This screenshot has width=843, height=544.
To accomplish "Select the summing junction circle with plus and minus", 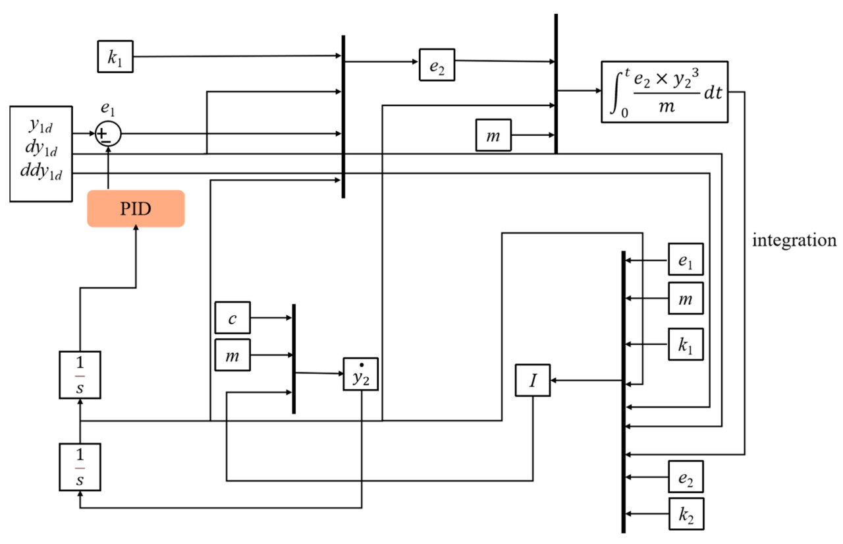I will [x=109, y=134].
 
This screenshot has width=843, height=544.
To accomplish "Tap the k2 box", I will [x=686, y=514].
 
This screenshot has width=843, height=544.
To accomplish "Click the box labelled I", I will [x=533, y=380].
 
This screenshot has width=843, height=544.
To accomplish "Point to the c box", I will [x=232, y=318].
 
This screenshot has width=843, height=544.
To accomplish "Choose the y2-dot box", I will [x=361, y=375].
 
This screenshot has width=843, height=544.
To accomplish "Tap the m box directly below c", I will [x=232, y=356].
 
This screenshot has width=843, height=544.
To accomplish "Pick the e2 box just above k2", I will [x=686, y=476].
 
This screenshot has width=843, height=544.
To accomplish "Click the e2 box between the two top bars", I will [x=437, y=64].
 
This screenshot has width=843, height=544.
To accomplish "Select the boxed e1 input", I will [x=686, y=258].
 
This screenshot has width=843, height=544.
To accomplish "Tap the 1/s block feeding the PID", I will [x=80, y=375].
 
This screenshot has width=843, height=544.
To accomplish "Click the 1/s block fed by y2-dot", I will [x=80, y=466].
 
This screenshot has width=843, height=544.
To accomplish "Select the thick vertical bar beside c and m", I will [x=294, y=359].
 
